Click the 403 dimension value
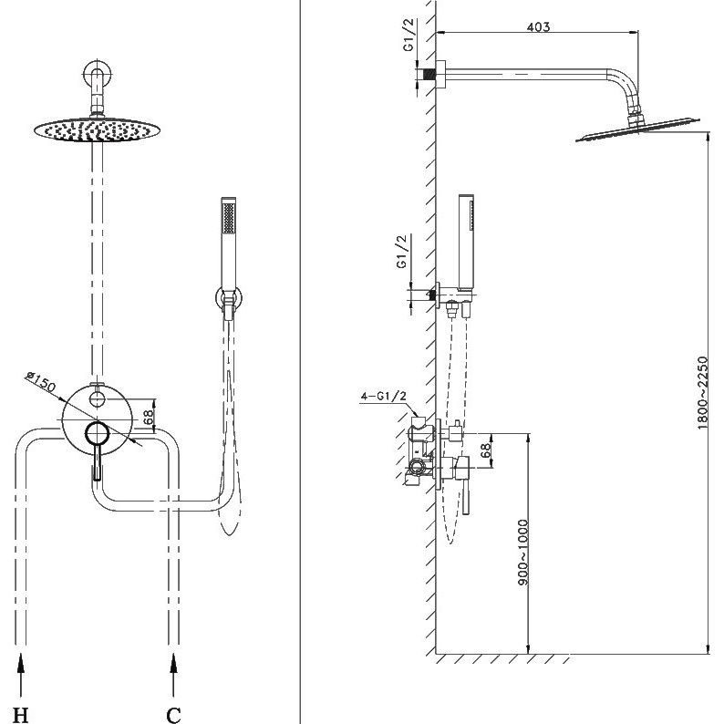[x=538, y=26]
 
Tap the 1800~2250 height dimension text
[x=702, y=392]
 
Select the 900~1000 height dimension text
[x=522, y=553]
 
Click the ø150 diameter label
[x=41, y=381]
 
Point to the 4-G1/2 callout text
[x=384, y=395]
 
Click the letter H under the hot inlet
[x=20, y=715]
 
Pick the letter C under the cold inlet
[x=173, y=715]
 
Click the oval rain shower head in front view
[x=97, y=129]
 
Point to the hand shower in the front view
[x=229, y=244]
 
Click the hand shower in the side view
[x=466, y=241]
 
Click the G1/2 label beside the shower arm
[x=409, y=35]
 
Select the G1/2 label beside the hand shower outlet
[x=403, y=252]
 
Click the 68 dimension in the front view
[x=149, y=417]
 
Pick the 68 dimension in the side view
[x=485, y=450]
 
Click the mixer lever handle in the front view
[x=97, y=461]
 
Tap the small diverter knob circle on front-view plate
[x=97, y=398]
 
